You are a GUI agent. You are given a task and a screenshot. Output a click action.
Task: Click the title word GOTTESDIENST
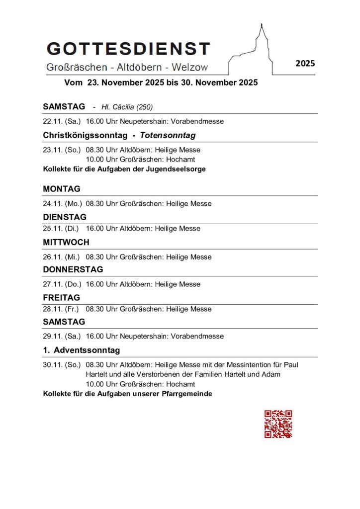(x=128, y=49)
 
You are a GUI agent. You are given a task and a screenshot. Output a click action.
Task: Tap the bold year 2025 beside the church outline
(x=305, y=63)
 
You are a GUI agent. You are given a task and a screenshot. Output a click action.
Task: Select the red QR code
(x=278, y=424)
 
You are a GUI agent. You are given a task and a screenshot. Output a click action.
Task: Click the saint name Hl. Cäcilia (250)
(x=127, y=107)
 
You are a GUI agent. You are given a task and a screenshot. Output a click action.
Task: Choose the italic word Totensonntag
(x=168, y=135)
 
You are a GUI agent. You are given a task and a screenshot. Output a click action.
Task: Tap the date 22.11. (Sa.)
(x=62, y=121)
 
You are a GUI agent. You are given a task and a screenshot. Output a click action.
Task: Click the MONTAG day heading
(x=62, y=189)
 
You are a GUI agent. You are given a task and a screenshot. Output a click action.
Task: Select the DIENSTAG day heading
(x=65, y=217)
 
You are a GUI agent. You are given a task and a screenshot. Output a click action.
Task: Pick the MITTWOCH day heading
(x=66, y=243)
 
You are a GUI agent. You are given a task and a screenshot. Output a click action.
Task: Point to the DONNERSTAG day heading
(x=73, y=269)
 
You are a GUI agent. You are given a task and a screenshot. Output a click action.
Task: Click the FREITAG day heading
(x=61, y=298)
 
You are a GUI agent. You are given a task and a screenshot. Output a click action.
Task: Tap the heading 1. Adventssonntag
(x=82, y=350)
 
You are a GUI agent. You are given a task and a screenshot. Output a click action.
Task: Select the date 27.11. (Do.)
(x=62, y=284)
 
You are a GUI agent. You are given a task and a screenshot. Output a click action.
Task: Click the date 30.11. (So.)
(x=62, y=364)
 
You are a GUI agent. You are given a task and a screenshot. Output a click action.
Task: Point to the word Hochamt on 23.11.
(x=181, y=160)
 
